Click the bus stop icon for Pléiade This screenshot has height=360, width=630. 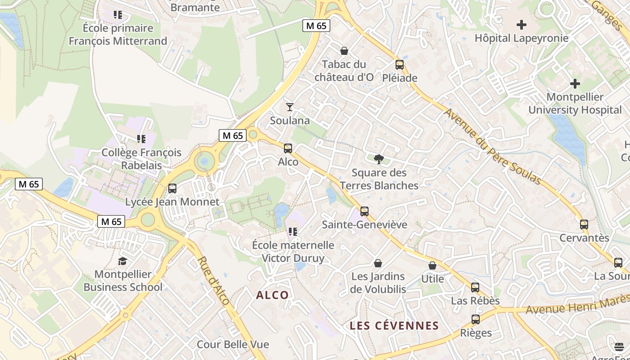(399, 65)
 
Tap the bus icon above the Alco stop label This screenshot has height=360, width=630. (288, 148)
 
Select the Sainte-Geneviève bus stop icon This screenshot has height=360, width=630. (364, 211)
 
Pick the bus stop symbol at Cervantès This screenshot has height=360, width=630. (584, 225)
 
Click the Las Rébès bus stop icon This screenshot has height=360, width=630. (475, 288)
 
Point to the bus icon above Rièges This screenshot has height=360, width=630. (476, 320)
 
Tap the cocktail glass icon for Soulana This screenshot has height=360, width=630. (290, 107)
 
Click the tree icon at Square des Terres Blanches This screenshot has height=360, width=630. (379, 159)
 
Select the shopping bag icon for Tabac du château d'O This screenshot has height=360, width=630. (344, 51)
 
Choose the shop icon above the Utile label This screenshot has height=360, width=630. (432, 265)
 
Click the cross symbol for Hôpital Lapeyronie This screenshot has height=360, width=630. (522, 25)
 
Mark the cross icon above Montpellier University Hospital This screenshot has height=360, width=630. (575, 84)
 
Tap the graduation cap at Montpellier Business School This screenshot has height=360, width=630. (122, 261)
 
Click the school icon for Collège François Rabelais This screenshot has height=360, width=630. (141, 139)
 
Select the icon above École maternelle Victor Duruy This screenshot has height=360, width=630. (293, 232)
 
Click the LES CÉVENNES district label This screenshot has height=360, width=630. (394, 326)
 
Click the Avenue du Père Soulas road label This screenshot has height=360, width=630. (492, 146)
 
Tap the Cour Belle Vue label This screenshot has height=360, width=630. (233, 345)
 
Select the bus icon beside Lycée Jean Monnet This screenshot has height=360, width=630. (172, 189)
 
